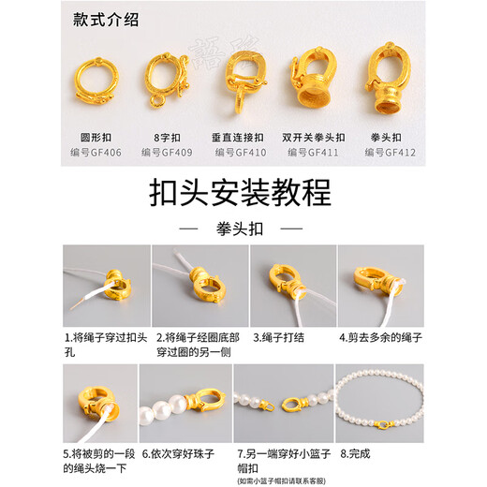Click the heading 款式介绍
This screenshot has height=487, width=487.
coord(105,22)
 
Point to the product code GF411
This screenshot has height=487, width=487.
coord(317,151)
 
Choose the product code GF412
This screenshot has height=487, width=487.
coord(391,151)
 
